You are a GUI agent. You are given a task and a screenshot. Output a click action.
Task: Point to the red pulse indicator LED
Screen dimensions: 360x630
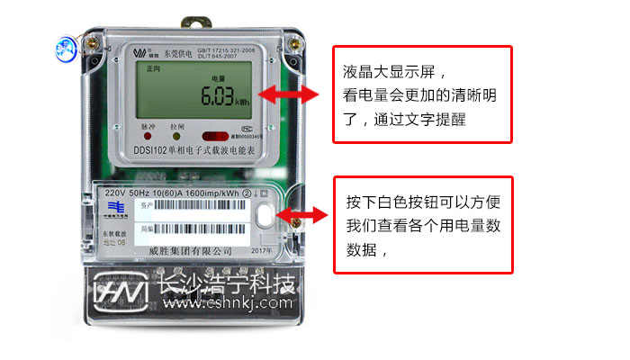148,137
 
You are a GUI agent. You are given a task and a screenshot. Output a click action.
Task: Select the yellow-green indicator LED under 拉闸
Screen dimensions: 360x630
177,137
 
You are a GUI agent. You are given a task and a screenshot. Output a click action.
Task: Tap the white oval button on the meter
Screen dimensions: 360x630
266,216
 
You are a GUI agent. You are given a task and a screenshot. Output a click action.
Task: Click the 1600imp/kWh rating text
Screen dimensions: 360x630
213,193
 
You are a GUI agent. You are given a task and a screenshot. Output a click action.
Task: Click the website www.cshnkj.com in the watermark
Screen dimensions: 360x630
227,303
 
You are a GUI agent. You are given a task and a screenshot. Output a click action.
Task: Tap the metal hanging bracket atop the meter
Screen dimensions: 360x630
193,19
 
